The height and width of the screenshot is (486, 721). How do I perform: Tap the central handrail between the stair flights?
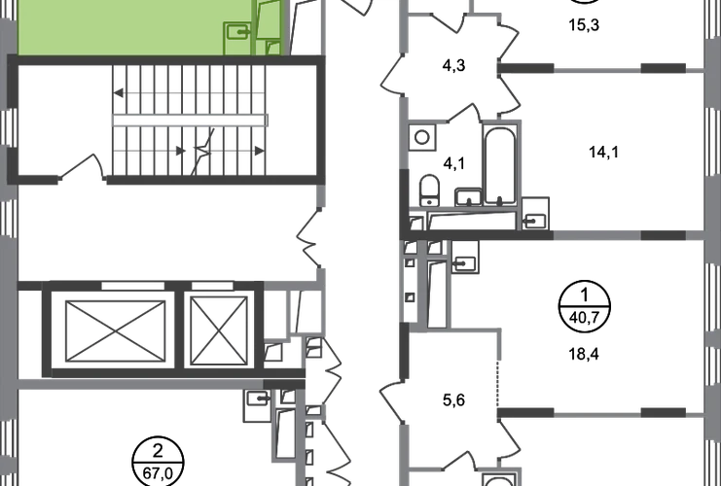click(x=190, y=119)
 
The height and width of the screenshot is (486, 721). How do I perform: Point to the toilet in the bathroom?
click(x=427, y=185)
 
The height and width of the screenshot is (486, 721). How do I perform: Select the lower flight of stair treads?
click(x=190, y=151)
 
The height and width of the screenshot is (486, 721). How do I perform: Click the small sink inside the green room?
click(x=234, y=34)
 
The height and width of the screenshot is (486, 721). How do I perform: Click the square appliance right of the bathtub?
click(x=536, y=210)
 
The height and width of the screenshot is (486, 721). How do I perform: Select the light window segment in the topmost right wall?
click(x=597, y=70)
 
